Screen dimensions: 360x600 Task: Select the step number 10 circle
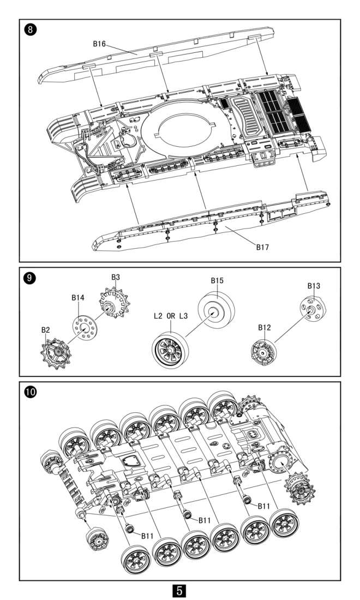point(30,392)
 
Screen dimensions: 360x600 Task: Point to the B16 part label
point(99,44)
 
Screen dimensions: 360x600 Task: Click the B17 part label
point(262,247)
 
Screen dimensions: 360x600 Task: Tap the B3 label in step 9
point(116,277)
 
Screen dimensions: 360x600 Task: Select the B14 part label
point(77,298)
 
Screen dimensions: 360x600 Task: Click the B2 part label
point(45,330)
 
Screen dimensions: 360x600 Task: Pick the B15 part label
point(217,280)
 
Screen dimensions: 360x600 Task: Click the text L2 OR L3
point(171,316)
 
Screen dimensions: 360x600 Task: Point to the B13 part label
point(314,286)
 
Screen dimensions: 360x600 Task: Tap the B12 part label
point(264,328)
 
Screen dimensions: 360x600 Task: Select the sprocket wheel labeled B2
point(56,353)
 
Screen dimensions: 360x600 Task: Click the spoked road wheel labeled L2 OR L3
point(170,350)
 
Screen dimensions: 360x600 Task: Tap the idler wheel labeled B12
point(263,352)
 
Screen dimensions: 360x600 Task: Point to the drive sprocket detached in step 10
point(300,489)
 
